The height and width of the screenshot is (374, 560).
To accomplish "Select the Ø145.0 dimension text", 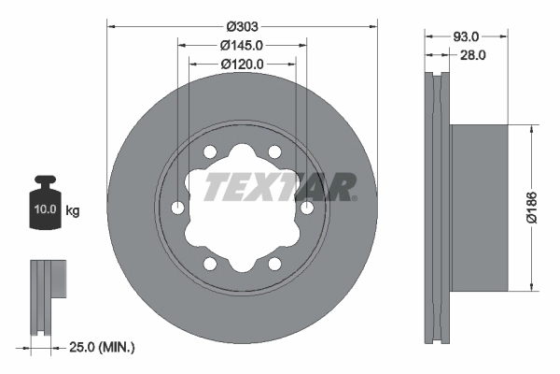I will point(243,45).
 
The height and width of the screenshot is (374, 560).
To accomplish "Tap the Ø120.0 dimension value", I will point(243,64).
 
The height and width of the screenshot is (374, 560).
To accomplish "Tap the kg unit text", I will point(73,211).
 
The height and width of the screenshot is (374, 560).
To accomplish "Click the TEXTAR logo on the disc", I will point(277,186).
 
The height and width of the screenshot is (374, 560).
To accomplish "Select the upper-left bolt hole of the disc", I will point(211,151).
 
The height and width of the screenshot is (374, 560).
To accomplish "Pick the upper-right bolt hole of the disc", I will point(274,151).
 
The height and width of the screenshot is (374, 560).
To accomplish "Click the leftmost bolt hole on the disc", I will point(179,207).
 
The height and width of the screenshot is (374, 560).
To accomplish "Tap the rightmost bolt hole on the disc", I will point(306,207).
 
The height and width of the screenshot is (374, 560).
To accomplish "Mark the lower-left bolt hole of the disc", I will point(211,263).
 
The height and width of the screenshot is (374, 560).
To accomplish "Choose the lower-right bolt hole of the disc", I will point(274,263).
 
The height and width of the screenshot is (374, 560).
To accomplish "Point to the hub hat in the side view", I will point(481,207).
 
